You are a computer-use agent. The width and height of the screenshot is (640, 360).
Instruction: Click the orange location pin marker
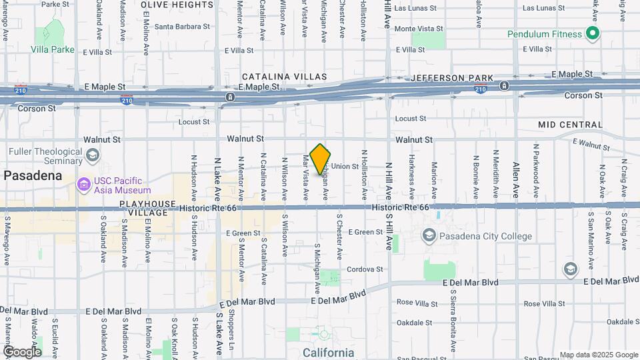point(320,158)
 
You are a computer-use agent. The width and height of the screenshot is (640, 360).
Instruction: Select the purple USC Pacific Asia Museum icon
point(83,184)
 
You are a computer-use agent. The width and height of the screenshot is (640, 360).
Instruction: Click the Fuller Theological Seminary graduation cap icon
point(93,155)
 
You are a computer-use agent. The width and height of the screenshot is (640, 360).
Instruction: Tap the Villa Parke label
point(52,49)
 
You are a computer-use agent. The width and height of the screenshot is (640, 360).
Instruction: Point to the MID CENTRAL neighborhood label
point(570,125)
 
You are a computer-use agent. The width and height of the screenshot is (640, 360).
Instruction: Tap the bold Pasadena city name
point(33,176)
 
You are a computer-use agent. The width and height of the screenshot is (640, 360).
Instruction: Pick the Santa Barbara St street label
point(182,27)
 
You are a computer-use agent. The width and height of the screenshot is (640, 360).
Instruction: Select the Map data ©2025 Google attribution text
point(598,355)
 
